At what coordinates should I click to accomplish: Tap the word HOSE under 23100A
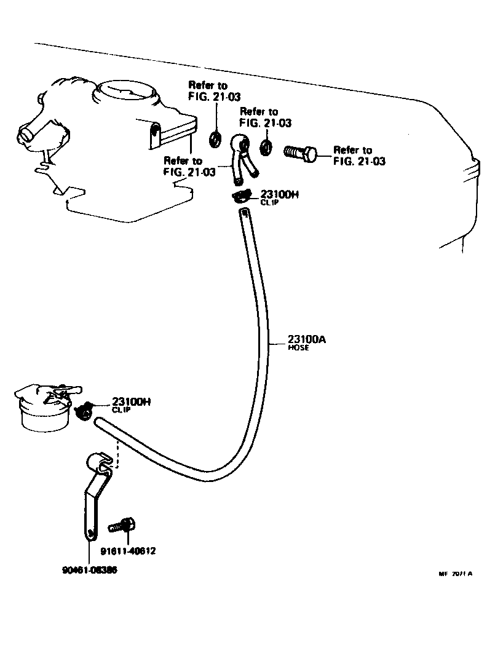(298, 347)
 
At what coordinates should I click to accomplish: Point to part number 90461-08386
(90, 570)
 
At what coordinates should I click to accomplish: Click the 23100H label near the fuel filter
(132, 402)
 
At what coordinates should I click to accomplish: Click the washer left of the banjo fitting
(215, 138)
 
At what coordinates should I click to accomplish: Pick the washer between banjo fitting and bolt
(266, 148)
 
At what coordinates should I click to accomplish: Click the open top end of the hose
(244, 213)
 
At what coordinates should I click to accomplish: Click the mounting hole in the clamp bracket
(90, 532)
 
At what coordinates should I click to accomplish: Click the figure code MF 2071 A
(455, 574)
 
